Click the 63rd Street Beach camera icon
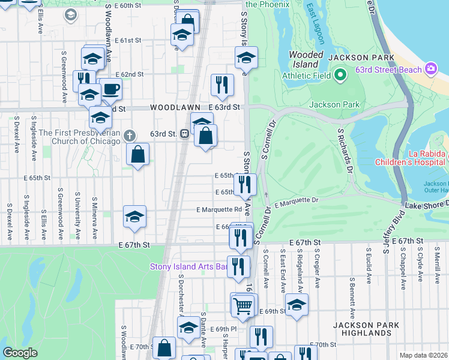[x=430, y=69]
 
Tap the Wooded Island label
[x=306, y=59]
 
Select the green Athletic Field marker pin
[x=340, y=76]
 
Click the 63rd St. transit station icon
[x=186, y=134]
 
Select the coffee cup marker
[x=110, y=90]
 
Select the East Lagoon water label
[x=315, y=24]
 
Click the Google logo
[x=20, y=353]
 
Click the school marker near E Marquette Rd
[x=135, y=217]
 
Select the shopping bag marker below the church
[x=138, y=154]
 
